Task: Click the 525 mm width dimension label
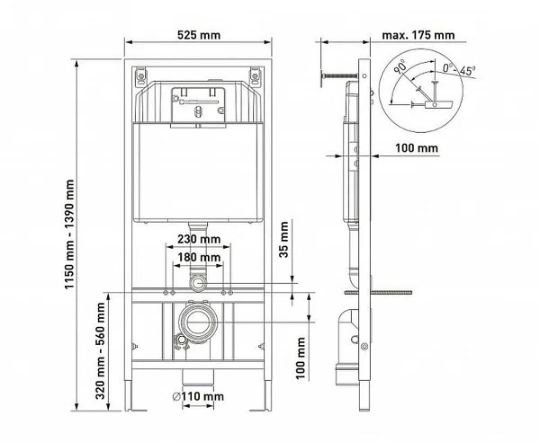point(199,35)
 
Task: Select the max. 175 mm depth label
point(418,35)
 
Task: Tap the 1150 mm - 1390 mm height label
point(70,234)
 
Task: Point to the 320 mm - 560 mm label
point(100,350)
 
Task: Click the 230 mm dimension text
point(199,239)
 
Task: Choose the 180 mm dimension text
point(199,257)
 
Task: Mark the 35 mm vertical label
point(284,239)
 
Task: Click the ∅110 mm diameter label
point(198,396)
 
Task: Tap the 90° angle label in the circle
point(400,66)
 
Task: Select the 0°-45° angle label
point(459,70)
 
